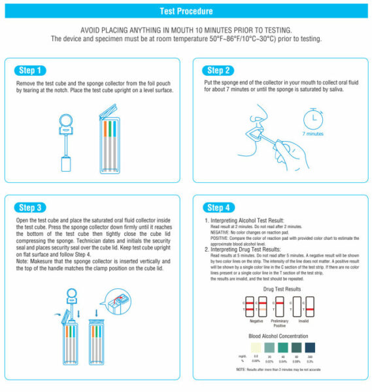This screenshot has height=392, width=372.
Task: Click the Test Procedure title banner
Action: pyautogui.click(x=186, y=11)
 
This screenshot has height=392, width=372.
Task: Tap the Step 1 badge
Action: pyautogui.click(x=31, y=70)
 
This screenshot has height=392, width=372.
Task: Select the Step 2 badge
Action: pyautogui.click(x=219, y=70)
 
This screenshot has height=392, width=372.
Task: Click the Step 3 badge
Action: pyautogui.click(x=31, y=208)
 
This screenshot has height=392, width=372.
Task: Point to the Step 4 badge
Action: pyautogui.click(x=219, y=208)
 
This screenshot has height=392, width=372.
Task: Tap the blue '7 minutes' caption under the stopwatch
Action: pyautogui.click(x=313, y=134)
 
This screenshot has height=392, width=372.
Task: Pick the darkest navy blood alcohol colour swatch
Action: pyautogui.click(x=311, y=346)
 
